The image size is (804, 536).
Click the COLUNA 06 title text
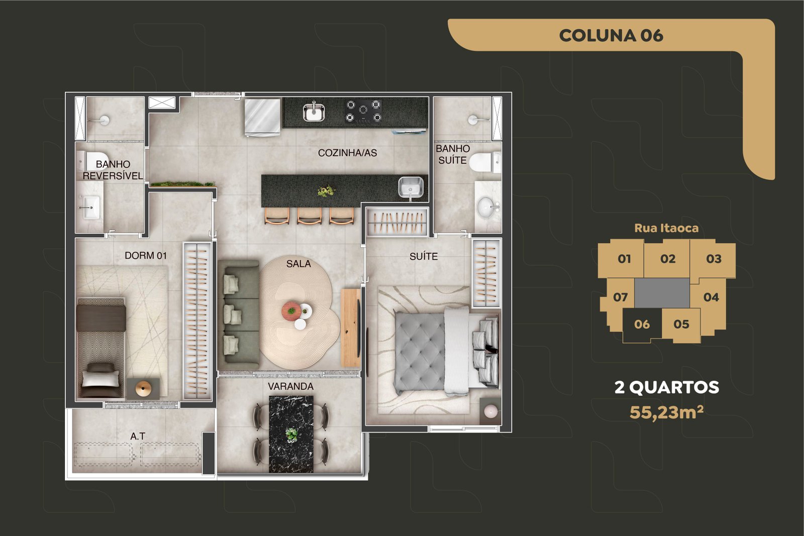(611, 36)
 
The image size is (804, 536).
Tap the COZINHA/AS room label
(347, 153)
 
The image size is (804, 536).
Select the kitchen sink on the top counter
(314, 112)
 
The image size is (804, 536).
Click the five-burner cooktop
(363, 111)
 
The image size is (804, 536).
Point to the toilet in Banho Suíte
(485, 162)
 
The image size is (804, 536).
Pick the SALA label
(298, 264)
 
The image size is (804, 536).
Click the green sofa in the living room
(238, 314)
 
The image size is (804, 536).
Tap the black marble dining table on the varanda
(291, 434)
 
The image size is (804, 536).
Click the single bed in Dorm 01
(101, 347)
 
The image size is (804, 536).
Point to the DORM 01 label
(146, 256)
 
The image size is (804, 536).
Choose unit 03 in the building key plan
(713, 259)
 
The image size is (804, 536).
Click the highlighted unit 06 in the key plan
(642, 325)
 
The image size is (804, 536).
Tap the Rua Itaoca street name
(666, 228)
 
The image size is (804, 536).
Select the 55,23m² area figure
(666, 412)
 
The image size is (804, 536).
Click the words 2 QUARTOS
(666, 387)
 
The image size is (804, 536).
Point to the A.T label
(138, 436)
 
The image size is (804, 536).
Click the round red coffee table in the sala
(291, 310)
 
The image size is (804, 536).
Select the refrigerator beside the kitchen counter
(262, 118)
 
